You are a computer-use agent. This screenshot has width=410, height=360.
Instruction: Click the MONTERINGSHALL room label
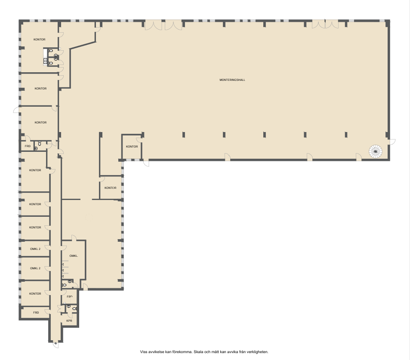pyautogui.click(x=232, y=80)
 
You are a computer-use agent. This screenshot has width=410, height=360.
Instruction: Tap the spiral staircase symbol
pyautogui.click(x=376, y=151)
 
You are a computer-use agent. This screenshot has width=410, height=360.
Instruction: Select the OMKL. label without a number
pyautogui.click(x=74, y=255)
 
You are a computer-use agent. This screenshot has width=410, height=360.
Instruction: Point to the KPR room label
pyautogui.click(x=69, y=320)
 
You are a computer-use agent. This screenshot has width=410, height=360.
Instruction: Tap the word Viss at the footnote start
pyautogui.click(x=144, y=352)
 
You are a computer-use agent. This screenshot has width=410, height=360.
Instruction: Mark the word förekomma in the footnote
pyautogui.click(x=183, y=352)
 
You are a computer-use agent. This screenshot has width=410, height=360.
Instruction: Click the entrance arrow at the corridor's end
pyautogui.click(x=55, y=343)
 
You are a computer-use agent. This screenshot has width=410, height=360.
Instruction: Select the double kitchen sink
pyautogui.click(x=45, y=61)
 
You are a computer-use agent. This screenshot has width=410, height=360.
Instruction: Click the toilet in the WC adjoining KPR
pyautogui.click(x=74, y=309)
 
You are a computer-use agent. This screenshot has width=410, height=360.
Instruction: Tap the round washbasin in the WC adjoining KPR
pyautogui.click(x=68, y=306)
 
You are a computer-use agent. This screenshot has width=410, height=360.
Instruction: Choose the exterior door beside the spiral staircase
pyautogui.click(x=392, y=142)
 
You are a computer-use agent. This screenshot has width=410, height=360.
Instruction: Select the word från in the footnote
pyautogui.click(x=243, y=352)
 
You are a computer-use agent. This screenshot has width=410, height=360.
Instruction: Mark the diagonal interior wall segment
pyautogui.click(x=83, y=45)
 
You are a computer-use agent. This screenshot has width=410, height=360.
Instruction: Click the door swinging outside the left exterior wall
pyautogui.click(x=16, y=110)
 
